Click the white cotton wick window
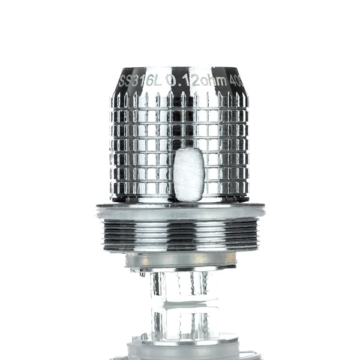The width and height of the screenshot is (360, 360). tap(190, 174)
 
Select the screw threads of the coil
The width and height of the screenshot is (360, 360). tap(180, 234)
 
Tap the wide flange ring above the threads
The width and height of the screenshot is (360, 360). tap(180, 211)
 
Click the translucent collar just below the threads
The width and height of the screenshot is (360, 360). tap(180, 260)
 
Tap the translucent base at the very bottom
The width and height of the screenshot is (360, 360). tap(180, 350)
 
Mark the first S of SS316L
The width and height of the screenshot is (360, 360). tap(121, 81)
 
